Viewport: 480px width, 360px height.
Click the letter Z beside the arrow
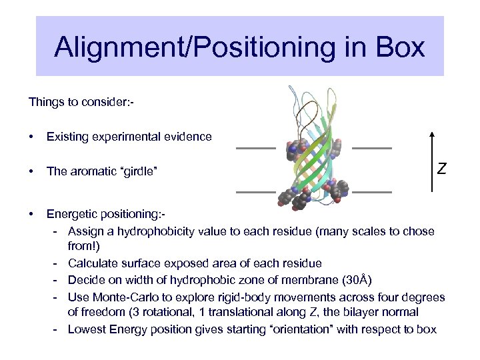(x=441, y=169)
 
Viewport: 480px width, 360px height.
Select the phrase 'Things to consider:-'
(x=81, y=102)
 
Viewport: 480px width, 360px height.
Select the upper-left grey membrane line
(x=255, y=147)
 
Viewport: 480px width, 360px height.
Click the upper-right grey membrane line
(x=371, y=147)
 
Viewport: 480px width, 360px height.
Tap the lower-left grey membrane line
(x=255, y=191)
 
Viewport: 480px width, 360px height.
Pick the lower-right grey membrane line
(x=371, y=191)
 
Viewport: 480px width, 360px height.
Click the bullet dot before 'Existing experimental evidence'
(x=31, y=137)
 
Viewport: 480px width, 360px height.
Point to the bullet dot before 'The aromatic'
(x=31, y=172)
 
